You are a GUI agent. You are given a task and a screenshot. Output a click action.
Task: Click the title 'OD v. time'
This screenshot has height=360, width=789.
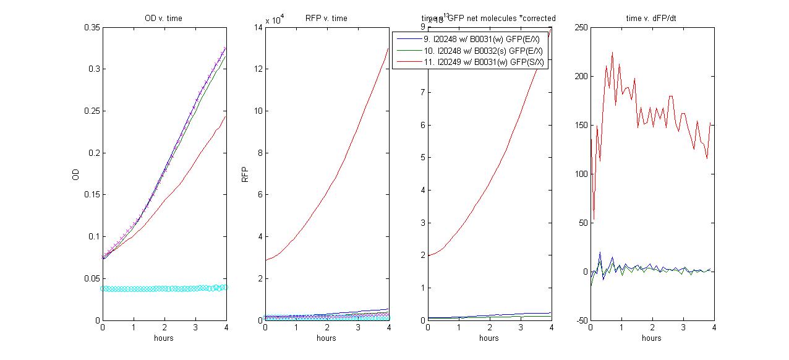click(x=163, y=18)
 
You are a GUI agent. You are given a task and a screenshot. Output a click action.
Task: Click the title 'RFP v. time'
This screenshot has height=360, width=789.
click(x=326, y=18)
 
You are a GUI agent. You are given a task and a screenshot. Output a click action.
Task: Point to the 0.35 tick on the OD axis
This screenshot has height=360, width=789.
click(x=90, y=27)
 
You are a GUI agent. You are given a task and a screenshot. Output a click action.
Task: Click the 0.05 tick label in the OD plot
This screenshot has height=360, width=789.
click(x=90, y=278)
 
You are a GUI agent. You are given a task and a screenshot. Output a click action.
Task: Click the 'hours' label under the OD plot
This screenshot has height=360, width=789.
click(x=163, y=338)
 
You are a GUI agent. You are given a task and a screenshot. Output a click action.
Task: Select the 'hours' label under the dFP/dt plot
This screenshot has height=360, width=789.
click(x=651, y=338)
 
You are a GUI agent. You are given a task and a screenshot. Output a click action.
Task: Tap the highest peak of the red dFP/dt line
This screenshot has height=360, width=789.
click(x=612, y=53)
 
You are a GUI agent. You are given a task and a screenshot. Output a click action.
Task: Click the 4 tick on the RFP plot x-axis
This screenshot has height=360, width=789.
click(x=388, y=327)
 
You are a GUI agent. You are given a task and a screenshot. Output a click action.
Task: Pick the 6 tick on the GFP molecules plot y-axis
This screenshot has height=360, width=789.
click(x=422, y=125)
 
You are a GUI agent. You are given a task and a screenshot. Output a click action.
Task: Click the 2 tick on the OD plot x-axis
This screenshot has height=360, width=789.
click(x=164, y=327)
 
